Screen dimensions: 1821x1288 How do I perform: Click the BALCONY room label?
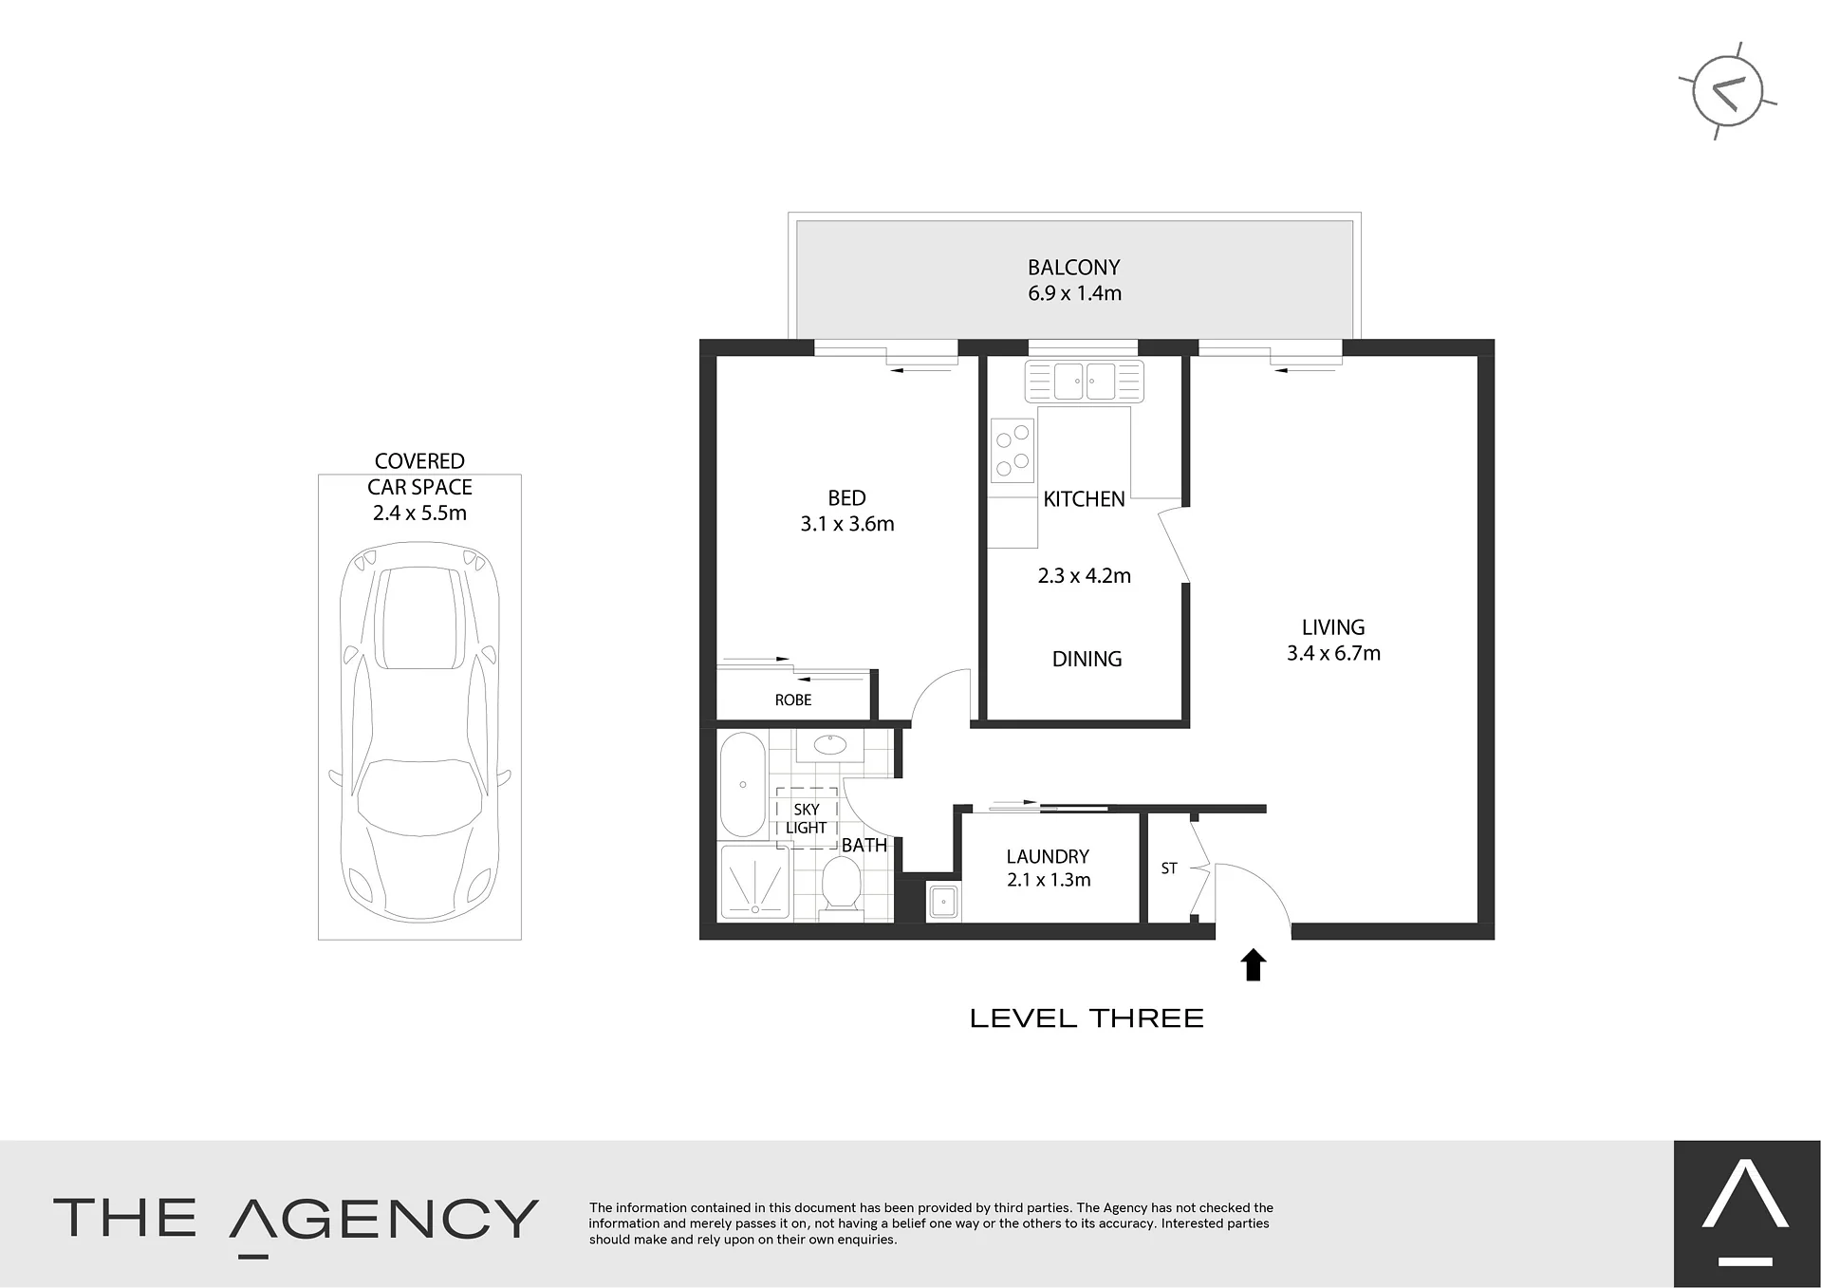[x=1074, y=268]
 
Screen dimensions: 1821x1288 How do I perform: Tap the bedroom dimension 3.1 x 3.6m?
[x=847, y=524]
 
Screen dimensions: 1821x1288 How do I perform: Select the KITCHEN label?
[x=1084, y=499]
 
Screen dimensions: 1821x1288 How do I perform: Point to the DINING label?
[x=1087, y=659]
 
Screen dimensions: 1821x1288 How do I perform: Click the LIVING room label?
[x=1333, y=627]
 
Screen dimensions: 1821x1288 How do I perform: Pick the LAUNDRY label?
[x=1048, y=856]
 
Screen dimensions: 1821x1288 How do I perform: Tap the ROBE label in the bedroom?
[x=793, y=700]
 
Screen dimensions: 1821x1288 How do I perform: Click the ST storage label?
[x=1169, y=868]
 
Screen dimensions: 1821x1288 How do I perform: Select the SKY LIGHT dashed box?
[x=807, y=817]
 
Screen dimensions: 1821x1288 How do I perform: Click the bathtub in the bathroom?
[x=743, y=784]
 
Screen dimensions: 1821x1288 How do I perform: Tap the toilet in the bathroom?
[x=840, y=885]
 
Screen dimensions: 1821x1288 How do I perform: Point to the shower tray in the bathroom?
[x=756, y=882]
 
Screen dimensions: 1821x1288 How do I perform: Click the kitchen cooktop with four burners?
[x=1013, y=451]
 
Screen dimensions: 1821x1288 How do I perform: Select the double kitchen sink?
[x=1084, y=382]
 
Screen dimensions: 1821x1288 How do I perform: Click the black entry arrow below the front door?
[x=1254, y=964]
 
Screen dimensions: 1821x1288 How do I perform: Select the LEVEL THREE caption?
[x=1087, y=1018]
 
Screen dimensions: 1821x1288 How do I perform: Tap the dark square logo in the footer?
[x=1747, y=1214]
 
